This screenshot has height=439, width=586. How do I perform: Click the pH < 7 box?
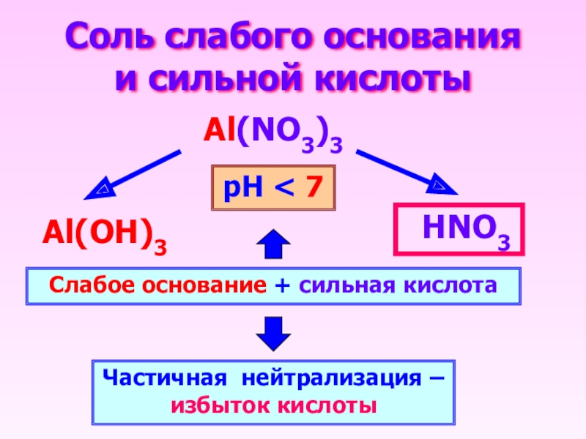click(272, 188)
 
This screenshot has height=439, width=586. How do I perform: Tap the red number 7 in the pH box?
click(314, 188)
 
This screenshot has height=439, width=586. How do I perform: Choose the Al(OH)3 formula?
click(103, 236)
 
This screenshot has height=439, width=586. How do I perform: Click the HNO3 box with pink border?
click(460, 229)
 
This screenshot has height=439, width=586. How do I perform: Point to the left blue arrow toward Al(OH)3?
click(132, 174)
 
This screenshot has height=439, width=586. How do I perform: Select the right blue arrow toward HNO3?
click(407, 173)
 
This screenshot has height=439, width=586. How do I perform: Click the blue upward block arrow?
click(272, 243)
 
